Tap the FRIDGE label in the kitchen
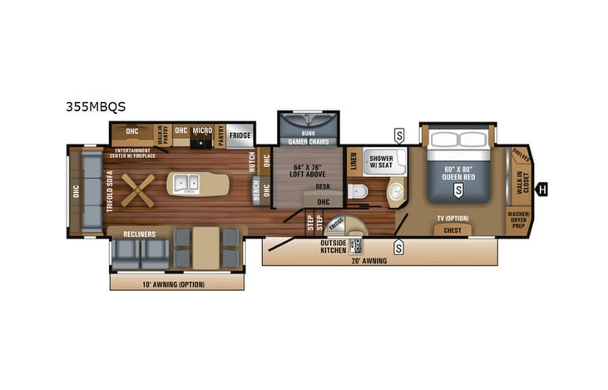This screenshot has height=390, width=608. (x=240, y=135)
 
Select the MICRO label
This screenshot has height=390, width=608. (x=202, y=131)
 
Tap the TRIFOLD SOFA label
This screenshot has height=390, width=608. (x=109, y=190)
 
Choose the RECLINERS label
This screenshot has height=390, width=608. (x=137, y=234)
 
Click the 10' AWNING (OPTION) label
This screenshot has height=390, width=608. (x=176, y=284)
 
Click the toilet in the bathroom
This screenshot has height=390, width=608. (x=358, y=192)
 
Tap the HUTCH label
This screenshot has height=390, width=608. (x=251, y=161)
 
